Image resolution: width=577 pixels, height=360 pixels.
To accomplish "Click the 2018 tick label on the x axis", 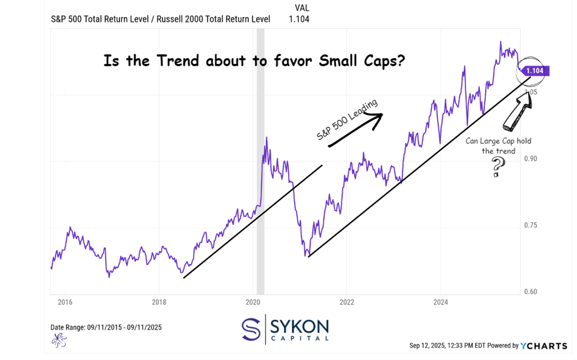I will coord(159,302).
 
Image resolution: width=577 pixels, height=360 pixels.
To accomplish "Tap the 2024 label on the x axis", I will coord(440,302).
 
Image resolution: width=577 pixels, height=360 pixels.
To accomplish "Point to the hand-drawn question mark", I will coord(497,167).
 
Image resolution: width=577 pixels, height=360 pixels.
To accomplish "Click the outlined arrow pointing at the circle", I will coord(517,111).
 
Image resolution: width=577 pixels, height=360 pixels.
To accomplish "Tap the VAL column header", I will coord(302,8).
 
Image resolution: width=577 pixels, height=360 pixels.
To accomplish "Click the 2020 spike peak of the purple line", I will coord(266,138).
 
